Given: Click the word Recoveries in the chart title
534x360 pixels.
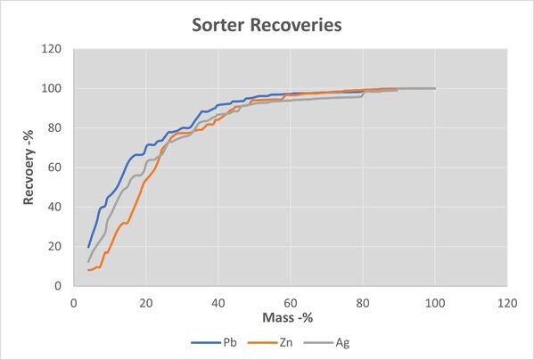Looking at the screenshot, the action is (296, 25).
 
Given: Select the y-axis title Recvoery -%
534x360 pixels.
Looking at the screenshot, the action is (29, 168).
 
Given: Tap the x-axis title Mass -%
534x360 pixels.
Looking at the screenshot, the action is (287, 317).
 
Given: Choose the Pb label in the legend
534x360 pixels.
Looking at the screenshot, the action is (230, 342).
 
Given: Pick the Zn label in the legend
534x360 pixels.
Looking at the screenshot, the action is (286, 342).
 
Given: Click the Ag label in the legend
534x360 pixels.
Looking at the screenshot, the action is (342, 342).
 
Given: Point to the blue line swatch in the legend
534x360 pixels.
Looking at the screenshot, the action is (205, 343).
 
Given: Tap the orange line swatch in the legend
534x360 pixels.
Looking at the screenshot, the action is (262, 343).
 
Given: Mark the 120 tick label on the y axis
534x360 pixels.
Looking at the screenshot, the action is (52, 49).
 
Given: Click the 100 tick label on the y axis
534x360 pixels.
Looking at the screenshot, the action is (52, 88).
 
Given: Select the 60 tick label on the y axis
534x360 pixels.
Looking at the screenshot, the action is (55, 168).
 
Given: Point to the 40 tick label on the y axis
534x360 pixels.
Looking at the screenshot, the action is (55, 207).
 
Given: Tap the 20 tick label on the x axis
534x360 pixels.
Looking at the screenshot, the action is (146, 303).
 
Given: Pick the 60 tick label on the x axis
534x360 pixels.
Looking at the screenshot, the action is (291, 303).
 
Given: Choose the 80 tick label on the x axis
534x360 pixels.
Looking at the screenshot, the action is (363, 303).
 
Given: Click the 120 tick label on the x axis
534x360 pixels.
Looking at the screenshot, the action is (507, 303).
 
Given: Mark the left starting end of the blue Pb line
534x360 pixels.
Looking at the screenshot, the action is (88, 247).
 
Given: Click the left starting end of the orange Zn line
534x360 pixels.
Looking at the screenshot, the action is (88, 270).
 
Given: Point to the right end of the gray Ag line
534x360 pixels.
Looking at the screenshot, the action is (435, 88).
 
